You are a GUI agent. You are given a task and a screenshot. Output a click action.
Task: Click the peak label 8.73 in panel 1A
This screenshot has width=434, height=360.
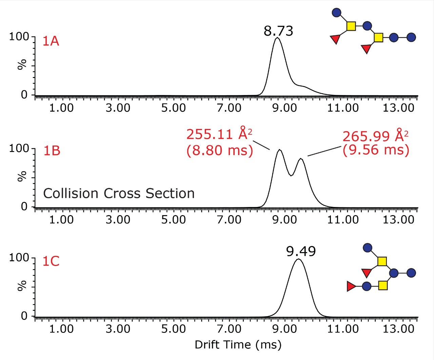278,31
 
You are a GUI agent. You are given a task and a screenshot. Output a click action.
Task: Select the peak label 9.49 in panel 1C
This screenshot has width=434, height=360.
301,251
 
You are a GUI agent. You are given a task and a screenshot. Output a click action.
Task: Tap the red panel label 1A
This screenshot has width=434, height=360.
51,41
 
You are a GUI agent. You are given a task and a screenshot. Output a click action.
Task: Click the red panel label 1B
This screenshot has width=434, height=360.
52,151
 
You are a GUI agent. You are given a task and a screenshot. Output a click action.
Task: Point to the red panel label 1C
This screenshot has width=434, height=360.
51,261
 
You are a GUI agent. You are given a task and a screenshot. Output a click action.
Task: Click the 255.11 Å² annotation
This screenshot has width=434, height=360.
219,134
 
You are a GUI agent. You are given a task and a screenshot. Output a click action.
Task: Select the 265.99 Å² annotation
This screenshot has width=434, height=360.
375,136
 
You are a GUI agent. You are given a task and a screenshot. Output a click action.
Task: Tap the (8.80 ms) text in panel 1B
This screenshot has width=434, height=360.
220,150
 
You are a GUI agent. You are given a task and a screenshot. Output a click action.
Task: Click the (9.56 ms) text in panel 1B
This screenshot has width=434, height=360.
376,150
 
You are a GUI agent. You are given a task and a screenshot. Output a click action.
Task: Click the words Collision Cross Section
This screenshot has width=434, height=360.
119,193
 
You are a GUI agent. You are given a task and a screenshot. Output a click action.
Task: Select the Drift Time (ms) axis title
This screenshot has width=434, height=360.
238,345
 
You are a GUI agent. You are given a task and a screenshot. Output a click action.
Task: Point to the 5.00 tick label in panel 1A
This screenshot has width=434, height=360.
173,108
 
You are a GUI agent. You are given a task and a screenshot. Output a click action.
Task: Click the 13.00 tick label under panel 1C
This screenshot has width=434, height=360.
398,329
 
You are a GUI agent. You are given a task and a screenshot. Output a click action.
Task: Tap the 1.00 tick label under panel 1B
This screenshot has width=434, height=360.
61,220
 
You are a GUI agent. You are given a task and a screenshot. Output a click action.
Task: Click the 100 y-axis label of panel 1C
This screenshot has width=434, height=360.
19,258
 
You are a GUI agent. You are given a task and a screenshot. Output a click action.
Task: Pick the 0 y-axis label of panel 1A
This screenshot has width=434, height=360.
24,95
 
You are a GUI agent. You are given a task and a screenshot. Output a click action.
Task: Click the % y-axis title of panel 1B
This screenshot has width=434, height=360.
22,176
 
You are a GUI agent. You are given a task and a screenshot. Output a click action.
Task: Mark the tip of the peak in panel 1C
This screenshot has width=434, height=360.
298,259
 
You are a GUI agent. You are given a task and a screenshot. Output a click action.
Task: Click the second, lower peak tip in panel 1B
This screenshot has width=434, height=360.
301,158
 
